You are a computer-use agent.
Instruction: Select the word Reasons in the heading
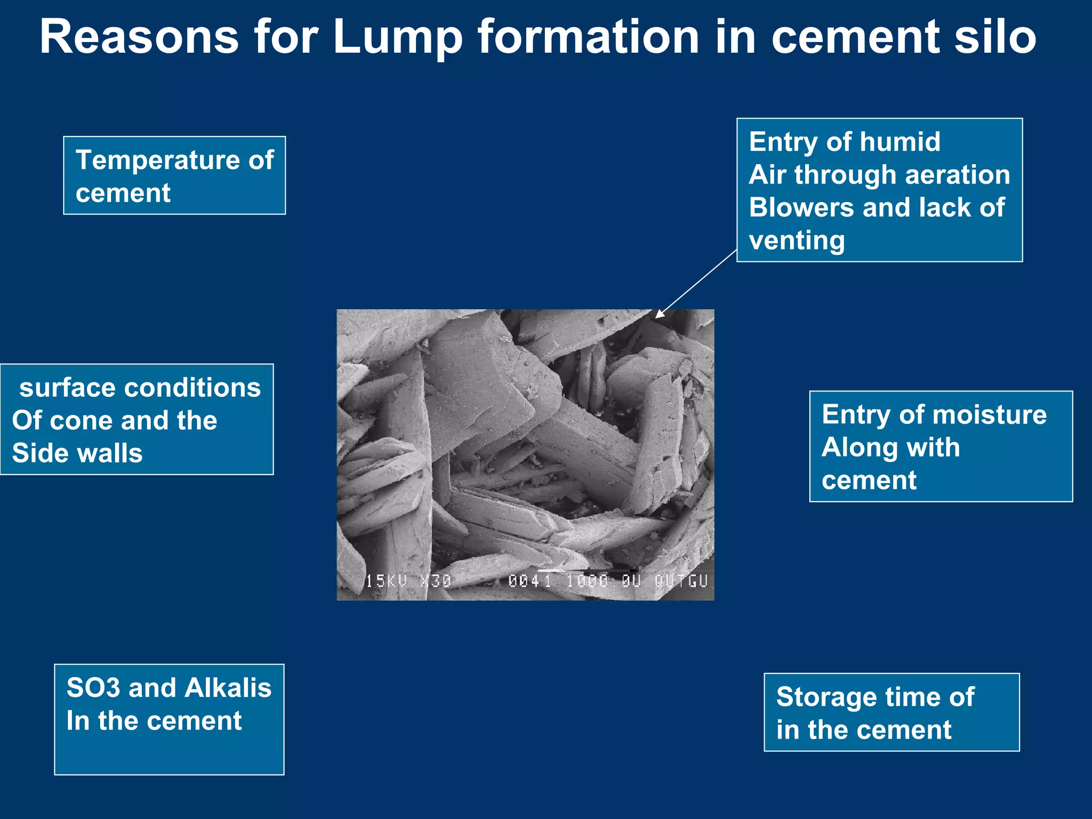click(x=139, y=37)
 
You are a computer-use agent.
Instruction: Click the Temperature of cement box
click(x=174, y=175)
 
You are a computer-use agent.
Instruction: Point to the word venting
click(x=797, y=240)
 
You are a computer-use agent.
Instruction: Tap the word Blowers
click(x=802, y=207)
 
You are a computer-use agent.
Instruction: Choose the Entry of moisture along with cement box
click(x=941, y=446)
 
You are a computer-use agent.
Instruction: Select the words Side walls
click(x=77, y=453)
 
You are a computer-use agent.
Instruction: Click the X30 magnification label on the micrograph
click(x=436, y=581)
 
